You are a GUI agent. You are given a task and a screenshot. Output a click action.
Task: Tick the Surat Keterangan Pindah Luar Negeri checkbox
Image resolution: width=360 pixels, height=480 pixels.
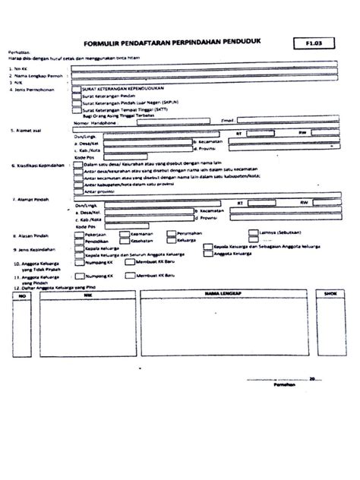tap(77, 102)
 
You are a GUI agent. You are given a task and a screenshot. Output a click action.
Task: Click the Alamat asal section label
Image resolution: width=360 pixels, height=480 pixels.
tap(31, 131)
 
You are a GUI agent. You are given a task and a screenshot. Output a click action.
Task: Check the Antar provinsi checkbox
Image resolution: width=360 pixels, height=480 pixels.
tap(77, 190)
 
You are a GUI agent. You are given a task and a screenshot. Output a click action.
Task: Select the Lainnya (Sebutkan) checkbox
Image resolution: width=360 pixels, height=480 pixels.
tap(253, 235)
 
